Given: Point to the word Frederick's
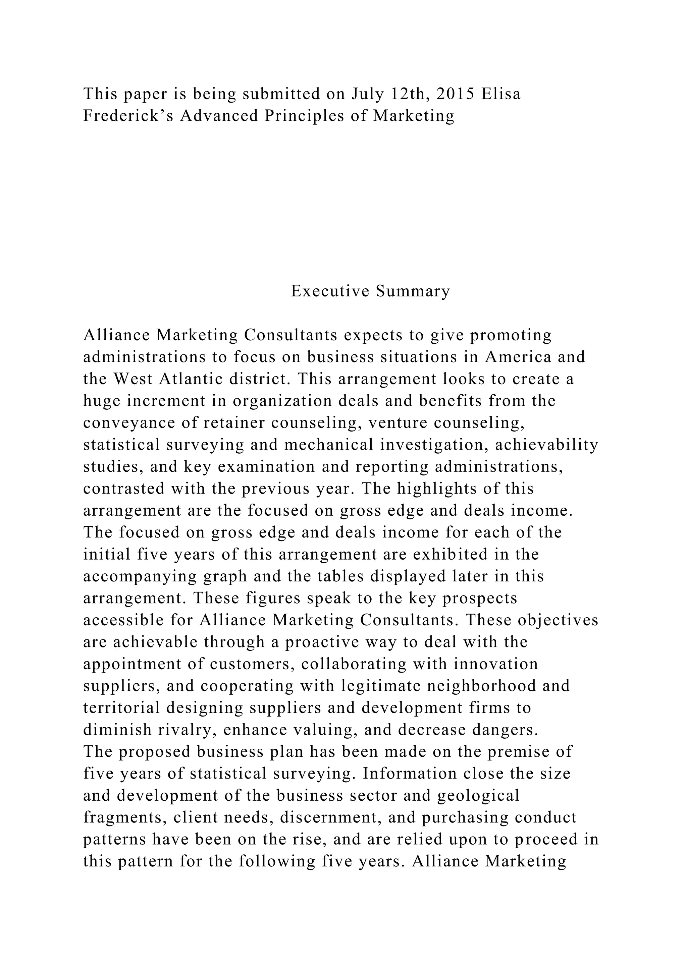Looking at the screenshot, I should coord(128,115).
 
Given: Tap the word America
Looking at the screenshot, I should coord(518,357).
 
